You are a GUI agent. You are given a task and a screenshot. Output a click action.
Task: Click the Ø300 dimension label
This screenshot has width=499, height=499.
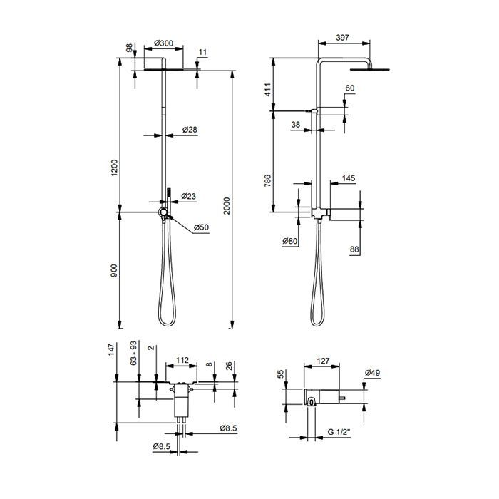(163, 43)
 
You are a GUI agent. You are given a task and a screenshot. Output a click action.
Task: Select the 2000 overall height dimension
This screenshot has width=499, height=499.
(226, 205)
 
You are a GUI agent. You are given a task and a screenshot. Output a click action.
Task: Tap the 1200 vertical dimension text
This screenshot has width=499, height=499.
(114, 168)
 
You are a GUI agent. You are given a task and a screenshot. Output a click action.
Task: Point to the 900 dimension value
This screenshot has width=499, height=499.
(114, 270)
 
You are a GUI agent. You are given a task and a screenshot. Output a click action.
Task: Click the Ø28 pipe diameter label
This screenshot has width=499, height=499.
(190, 130)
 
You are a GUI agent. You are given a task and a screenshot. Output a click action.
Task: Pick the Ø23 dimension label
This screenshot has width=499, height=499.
(189, 196)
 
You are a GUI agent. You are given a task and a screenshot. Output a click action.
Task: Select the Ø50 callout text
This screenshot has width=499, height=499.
(202, 227)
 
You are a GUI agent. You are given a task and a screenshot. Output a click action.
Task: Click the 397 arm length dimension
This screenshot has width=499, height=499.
(342, 38)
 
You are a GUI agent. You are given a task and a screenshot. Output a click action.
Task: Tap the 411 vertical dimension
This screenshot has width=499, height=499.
(267, 90)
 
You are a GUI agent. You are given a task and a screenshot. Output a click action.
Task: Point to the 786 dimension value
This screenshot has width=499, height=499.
(267, 180)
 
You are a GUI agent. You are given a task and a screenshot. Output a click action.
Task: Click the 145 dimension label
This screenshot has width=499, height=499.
(349, 178)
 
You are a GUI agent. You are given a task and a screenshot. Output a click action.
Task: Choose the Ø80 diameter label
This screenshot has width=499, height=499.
(290, 241)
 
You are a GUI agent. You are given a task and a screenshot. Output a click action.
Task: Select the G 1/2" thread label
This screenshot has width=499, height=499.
(339, 432)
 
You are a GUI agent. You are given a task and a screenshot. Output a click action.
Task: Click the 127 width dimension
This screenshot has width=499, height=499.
(323, 361)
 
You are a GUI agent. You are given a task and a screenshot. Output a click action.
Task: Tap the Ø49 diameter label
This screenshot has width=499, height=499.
(372, 372)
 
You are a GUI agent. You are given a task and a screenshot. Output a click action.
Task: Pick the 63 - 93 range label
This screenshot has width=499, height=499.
(134, 353)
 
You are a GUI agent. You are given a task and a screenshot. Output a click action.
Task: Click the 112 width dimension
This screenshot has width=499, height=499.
(182, 360)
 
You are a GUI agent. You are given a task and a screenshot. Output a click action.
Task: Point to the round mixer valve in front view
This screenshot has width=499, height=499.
(163, 212)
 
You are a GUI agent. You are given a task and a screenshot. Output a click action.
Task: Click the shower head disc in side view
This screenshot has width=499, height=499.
(369, 69)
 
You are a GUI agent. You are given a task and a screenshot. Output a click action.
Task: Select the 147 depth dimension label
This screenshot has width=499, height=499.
(111, 350)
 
